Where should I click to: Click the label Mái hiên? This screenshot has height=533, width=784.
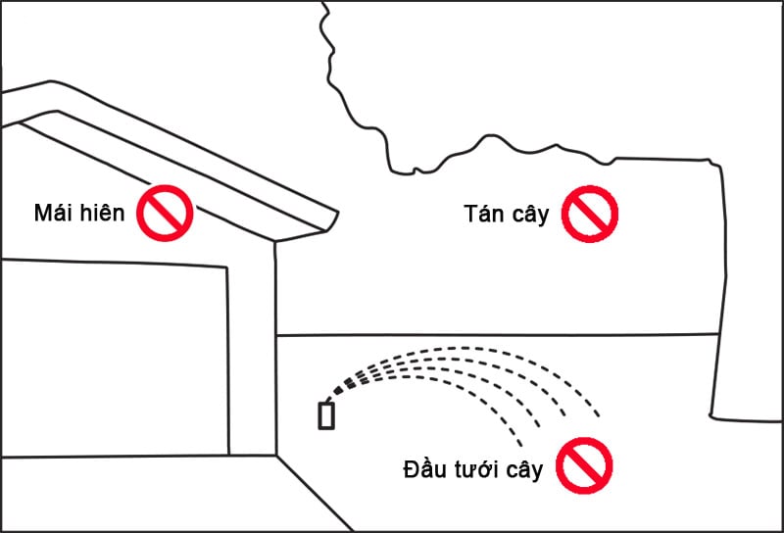(x=79, y=213)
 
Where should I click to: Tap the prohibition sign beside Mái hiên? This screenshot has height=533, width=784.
(x=166, y=213)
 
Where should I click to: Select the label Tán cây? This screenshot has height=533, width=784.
(x=507, y=213)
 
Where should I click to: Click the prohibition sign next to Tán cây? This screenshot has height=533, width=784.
(x=591, y=213)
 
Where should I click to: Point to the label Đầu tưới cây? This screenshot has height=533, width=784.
(x=472, y=469)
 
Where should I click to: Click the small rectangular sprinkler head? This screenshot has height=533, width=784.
(x=326, y=415)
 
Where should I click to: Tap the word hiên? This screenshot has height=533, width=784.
(x=103, y=213)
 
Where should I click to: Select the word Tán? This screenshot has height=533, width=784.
(x=483, y=213)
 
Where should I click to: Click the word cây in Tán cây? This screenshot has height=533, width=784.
(x=529, y=215)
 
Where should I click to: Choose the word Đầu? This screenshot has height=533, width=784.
(x=423, y=469)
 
